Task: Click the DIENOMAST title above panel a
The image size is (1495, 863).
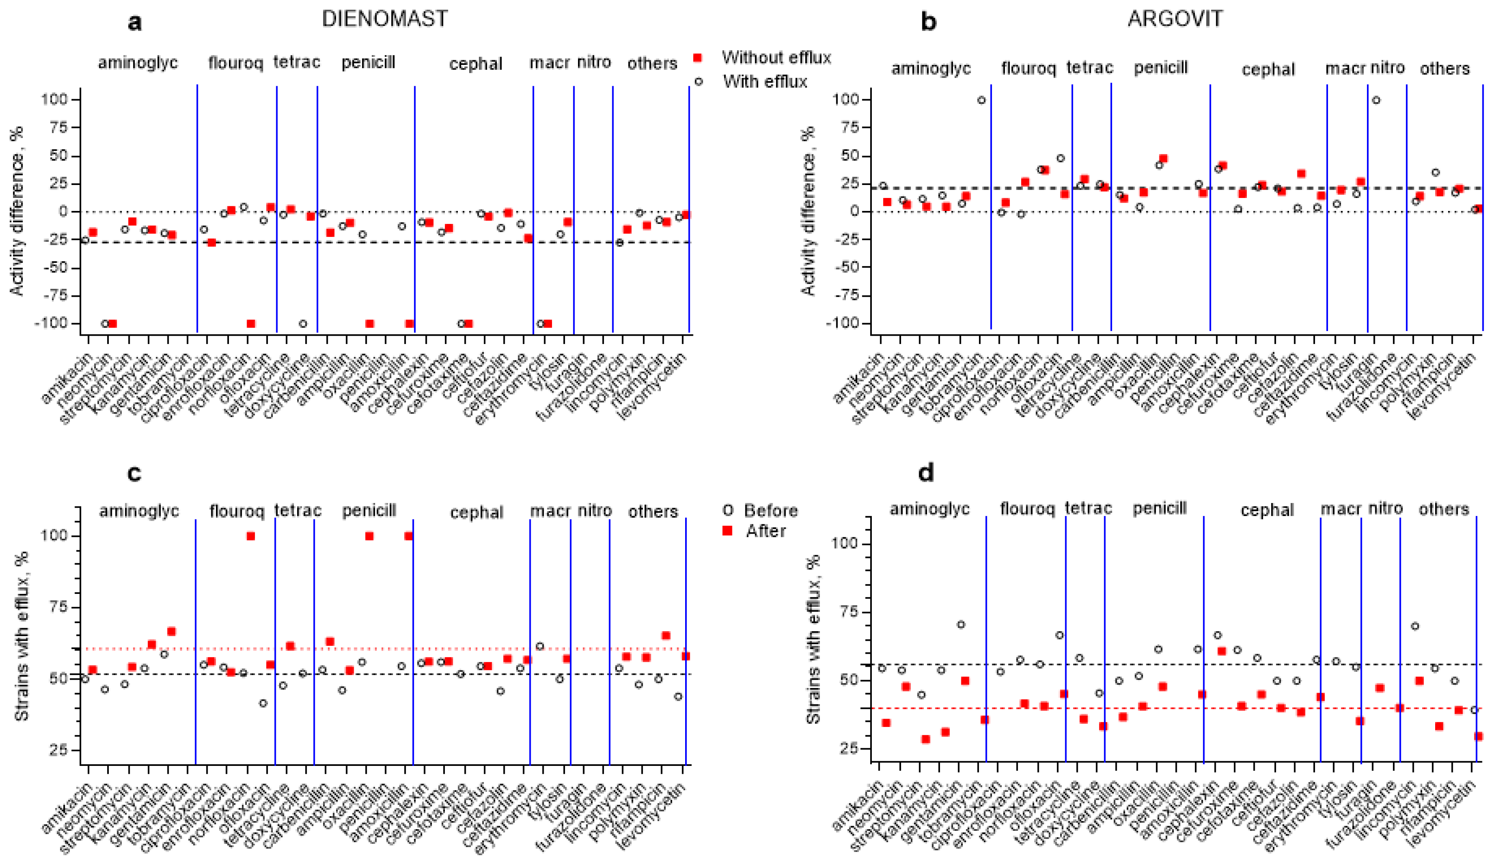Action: (x=385, y=19)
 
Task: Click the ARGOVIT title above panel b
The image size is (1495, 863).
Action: (x=1174, y=19)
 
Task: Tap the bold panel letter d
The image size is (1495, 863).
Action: (x=925, y=473)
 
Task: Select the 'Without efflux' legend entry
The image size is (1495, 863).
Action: (x=776, y=57)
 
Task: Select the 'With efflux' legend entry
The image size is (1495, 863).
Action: (x=764, y=81)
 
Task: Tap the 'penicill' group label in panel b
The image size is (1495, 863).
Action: (x=1160, y=68)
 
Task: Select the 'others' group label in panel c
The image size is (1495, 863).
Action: (x=652, y=511)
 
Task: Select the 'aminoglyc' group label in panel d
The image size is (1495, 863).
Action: (x=929, y=509)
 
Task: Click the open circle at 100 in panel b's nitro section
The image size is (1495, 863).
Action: (x=1376, y=100)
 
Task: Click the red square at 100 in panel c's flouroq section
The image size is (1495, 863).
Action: (x=251, y=536)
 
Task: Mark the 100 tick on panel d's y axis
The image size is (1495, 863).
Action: (x=851, y=544)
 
